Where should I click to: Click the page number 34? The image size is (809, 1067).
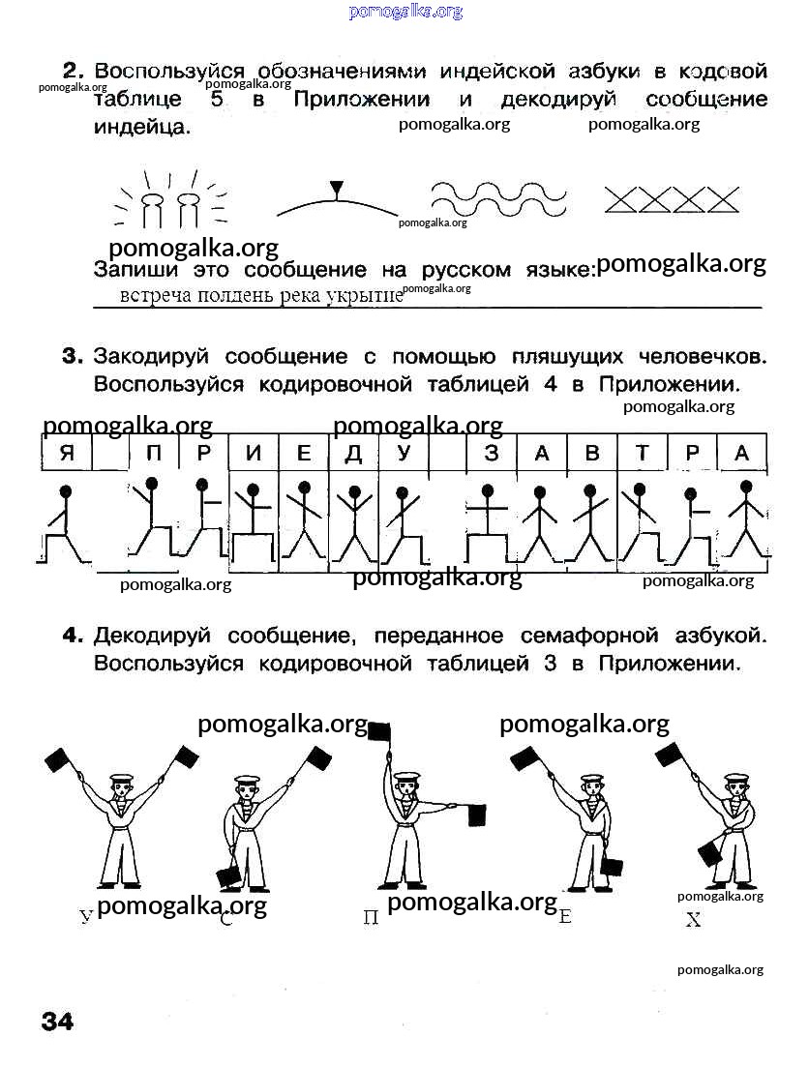[56, 1022]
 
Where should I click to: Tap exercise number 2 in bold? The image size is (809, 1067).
[74, 72]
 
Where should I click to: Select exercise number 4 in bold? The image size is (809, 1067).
[73, 636]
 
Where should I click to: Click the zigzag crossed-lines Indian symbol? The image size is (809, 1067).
[672, 199]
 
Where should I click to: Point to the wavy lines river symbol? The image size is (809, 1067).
[499, 198]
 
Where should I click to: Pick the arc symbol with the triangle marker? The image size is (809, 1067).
[336, 201]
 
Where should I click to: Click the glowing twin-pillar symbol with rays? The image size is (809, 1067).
[171, 199]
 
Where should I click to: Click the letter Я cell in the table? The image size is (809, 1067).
[66, 453]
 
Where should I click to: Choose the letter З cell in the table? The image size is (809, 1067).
[492, 453]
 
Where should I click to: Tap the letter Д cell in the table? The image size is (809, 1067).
[353, 453]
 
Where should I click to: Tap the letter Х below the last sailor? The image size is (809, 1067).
[693, 920]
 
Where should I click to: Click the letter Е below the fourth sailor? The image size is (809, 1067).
[566, 916]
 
